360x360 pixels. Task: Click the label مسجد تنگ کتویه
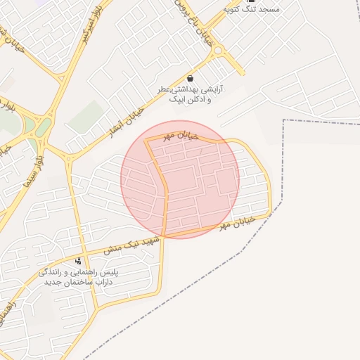[x=251, y=8]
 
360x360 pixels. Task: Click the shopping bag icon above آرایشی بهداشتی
[x=191, y=78]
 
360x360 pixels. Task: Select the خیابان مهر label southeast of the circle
[x=234, y=224]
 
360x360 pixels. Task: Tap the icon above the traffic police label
[x=78, y=261]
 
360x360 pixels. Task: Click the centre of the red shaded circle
[x=180, y=179]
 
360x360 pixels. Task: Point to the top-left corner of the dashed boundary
[x=283, y=120]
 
